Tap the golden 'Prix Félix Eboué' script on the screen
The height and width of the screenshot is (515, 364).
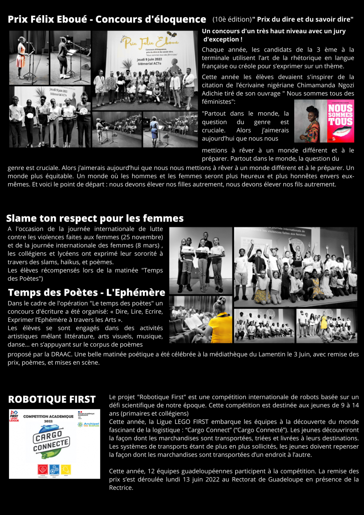coord(150,42)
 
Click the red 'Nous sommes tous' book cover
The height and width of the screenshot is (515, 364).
coord(340,121)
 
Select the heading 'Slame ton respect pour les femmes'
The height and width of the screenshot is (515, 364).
coord(95,218)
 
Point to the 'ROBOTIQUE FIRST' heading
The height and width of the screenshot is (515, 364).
coord(52,399)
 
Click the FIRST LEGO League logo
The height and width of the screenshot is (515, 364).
coord(14,416)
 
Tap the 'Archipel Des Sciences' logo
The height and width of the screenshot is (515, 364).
coord(89,424)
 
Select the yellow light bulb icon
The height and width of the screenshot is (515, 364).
coord(66,469)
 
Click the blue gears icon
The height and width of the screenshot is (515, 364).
coord(54,469)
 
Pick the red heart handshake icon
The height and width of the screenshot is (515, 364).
coord(43,469)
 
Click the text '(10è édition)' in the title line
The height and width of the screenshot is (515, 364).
coord(232,19)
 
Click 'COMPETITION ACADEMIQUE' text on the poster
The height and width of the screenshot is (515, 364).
coord(48,416)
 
